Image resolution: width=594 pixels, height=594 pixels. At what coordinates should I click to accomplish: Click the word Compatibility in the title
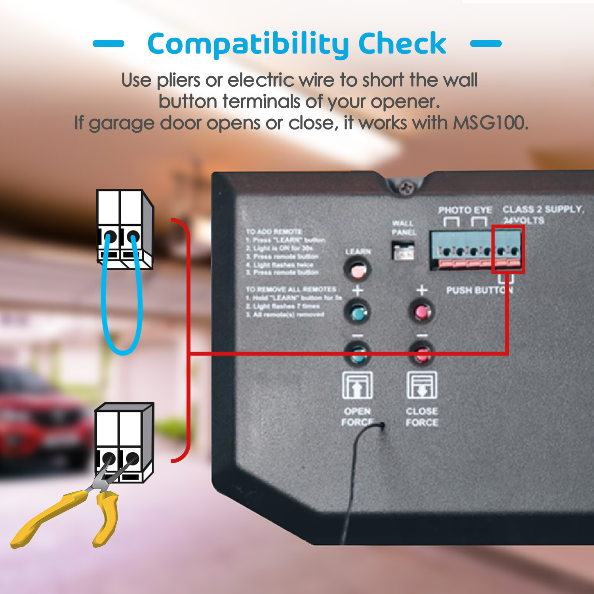point(248,44)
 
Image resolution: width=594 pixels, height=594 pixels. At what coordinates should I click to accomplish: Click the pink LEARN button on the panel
point(357,270)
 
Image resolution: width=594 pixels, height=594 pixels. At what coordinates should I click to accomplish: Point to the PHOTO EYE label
point(465,210)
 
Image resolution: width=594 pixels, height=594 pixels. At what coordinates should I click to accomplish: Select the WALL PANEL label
point(404,228)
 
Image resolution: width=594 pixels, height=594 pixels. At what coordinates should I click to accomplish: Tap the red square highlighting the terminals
point(508,249)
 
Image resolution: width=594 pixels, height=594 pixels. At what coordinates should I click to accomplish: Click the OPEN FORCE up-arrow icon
point(357,385)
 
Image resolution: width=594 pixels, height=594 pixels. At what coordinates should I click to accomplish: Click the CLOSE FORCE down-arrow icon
point(422,385)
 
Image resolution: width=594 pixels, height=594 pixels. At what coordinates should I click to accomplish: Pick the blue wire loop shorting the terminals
point(122,309)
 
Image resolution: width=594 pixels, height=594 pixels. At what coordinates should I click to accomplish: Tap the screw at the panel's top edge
point(405,187)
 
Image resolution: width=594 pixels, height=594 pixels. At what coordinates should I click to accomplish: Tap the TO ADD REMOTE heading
point(274,231)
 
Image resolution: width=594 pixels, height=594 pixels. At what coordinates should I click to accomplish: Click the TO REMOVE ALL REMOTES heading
point(291,289)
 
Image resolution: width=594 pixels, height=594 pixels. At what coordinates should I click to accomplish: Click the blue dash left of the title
point(109,44)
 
